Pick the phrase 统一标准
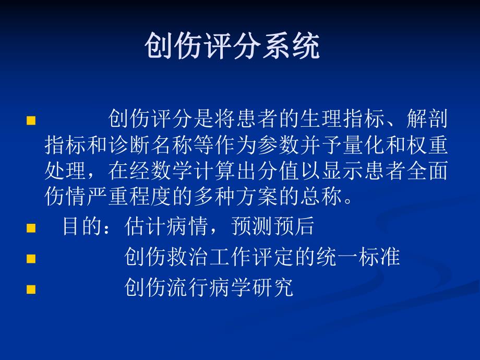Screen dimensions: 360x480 358,257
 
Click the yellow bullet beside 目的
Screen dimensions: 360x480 31,228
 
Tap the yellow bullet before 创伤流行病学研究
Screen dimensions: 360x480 31,289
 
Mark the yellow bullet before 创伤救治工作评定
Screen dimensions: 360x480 31,258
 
